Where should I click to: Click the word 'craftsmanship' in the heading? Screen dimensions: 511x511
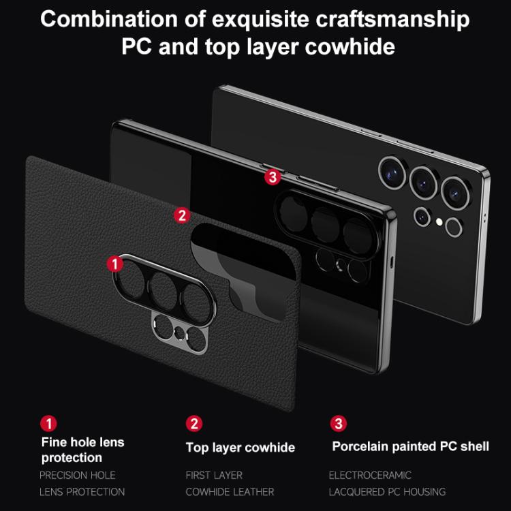pos(392,20)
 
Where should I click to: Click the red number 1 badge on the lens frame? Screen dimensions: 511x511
pos(115,264)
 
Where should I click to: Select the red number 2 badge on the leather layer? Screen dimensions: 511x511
pos(182,215)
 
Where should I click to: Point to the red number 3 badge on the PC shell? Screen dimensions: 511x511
pos(273,177)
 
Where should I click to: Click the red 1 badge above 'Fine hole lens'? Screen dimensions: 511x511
pos(48,423)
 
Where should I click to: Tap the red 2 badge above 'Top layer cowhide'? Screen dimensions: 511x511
pos(194,423)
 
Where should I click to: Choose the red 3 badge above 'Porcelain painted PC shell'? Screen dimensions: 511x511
pos(338,423)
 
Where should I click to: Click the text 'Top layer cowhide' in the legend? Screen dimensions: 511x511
pos(241,448)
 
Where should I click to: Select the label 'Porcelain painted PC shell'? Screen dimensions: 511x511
pos(411,446)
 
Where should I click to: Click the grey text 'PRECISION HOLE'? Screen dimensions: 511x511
pos(78,475)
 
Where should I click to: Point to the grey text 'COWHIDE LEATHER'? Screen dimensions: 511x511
pos(230,492)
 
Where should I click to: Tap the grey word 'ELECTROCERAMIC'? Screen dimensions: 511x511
pos(370,475)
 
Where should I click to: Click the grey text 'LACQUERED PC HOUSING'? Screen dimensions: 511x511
pos(387,492)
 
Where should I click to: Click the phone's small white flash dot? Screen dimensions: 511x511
pos(439,222)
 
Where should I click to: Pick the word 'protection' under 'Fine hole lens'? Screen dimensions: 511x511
pos(72,459)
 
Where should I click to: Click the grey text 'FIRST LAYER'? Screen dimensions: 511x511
pos(214,475)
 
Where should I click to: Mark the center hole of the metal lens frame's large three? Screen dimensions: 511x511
pos(164,291)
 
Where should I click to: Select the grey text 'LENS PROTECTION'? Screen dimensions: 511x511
pos(82,492)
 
